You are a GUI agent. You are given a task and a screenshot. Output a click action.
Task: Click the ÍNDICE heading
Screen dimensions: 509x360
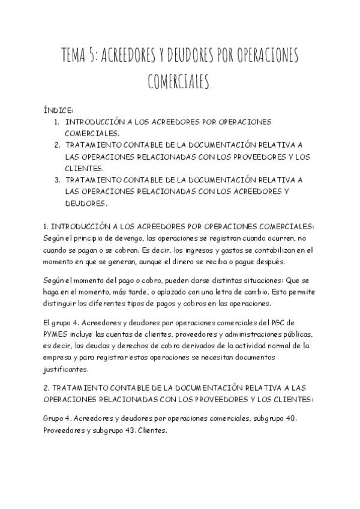58,111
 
